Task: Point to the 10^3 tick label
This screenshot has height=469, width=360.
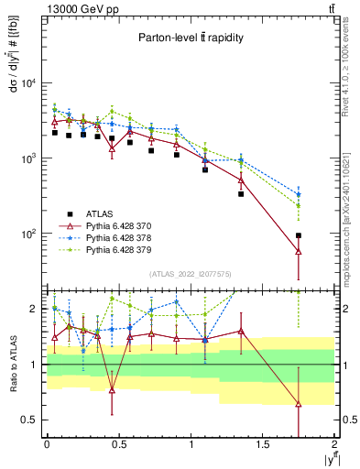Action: [27, 158]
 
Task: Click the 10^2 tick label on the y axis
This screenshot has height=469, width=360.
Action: [27, 234]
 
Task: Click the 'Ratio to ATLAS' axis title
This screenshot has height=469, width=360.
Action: [12, 364]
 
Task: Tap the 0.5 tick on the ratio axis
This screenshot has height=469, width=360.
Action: [29, 420]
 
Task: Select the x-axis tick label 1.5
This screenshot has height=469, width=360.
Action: [263, 445]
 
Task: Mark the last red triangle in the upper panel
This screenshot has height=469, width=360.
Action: [299, 251]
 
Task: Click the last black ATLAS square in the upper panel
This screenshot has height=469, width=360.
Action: [299, 235]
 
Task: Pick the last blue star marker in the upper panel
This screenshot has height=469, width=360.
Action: [299, 194]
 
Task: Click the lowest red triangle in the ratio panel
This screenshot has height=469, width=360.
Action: [299, 403]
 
